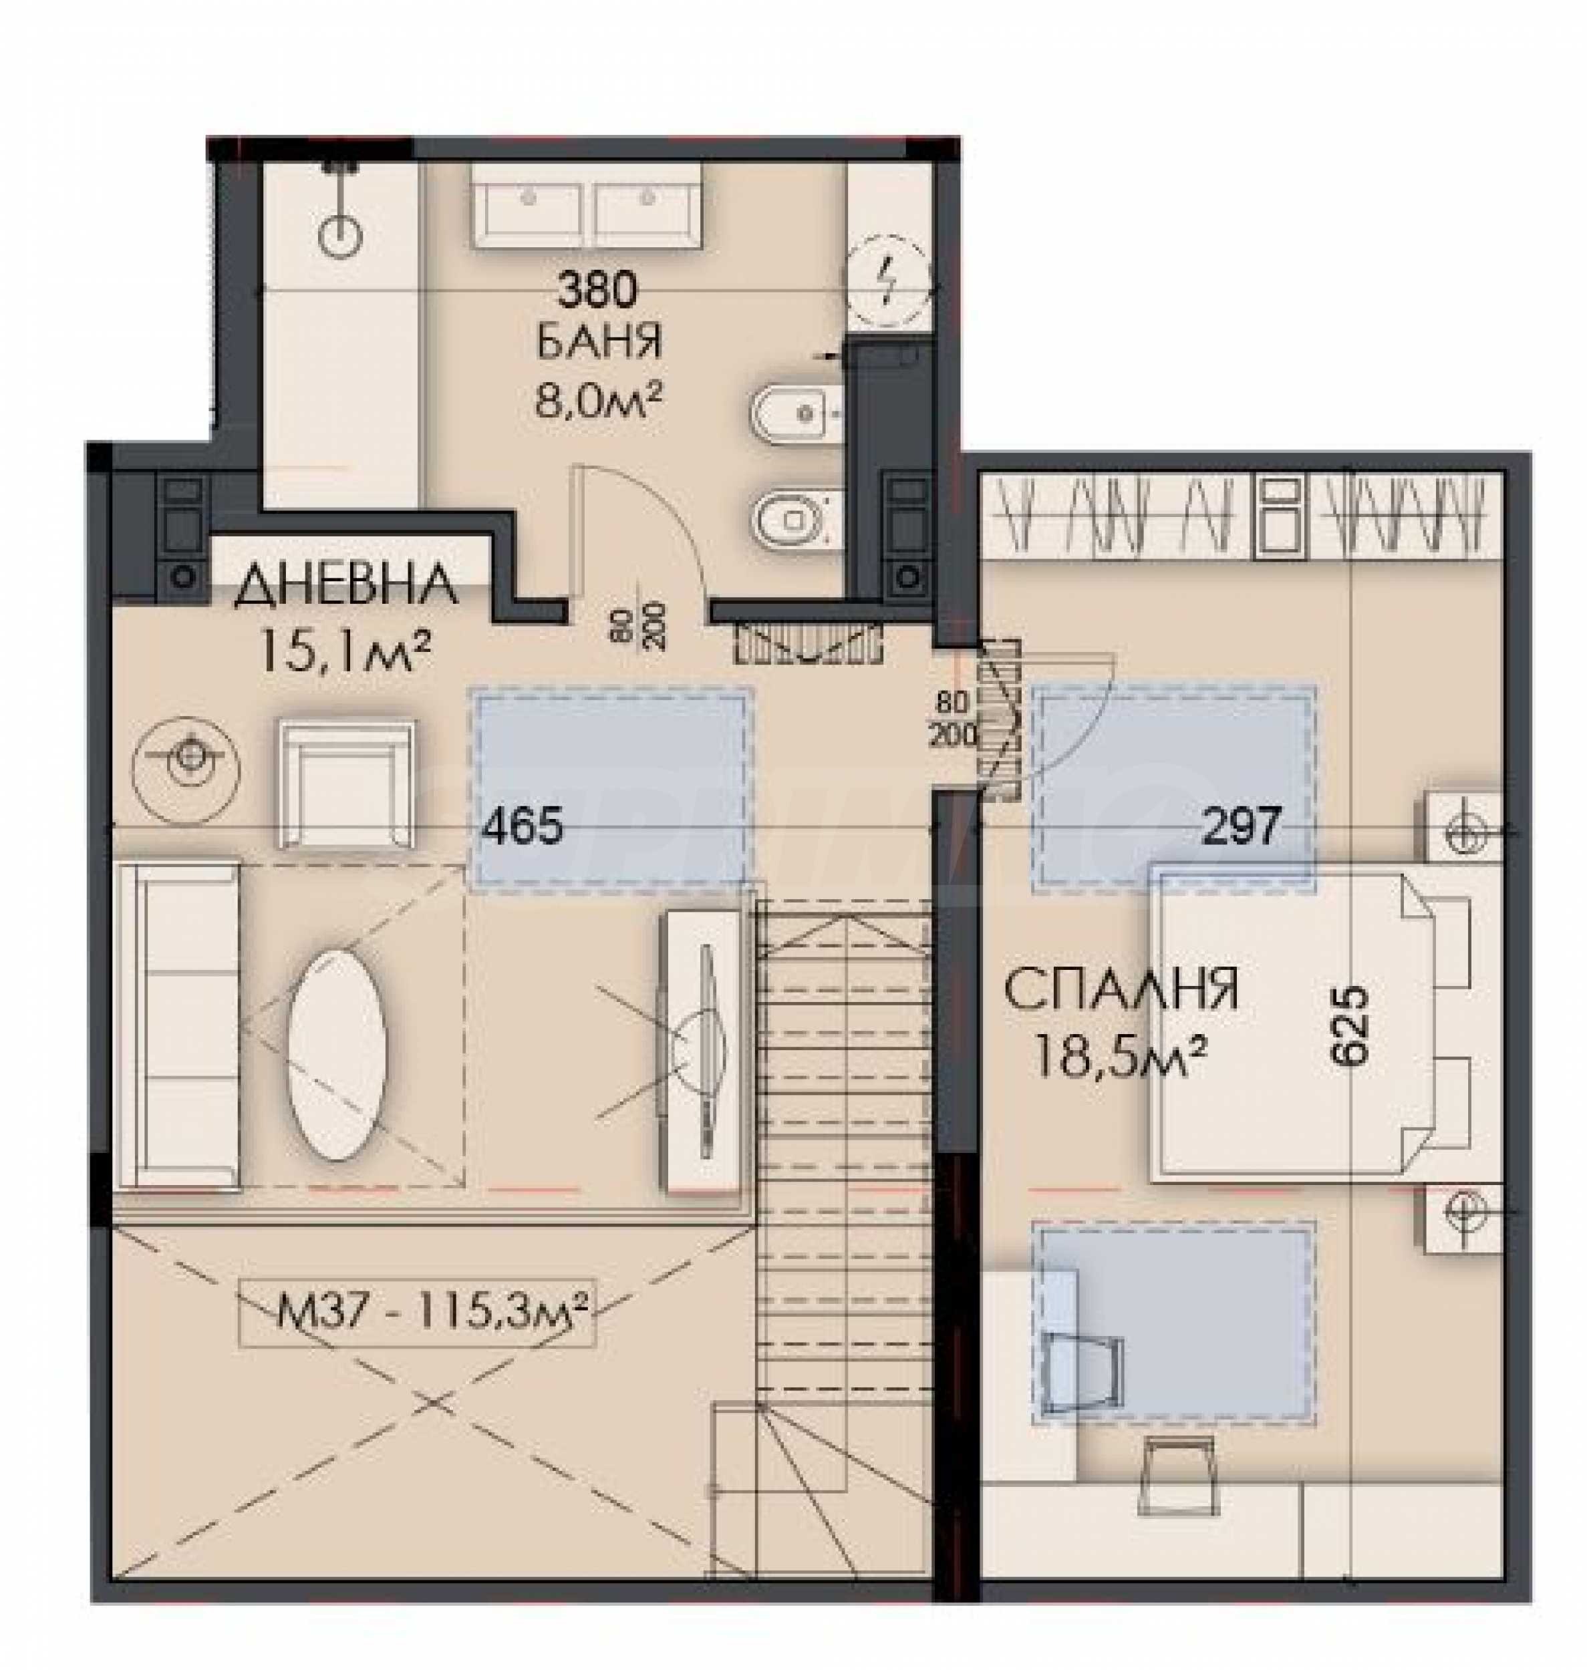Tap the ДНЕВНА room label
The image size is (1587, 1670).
tap(345, 586)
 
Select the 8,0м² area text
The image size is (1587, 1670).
tap(597, 400)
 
